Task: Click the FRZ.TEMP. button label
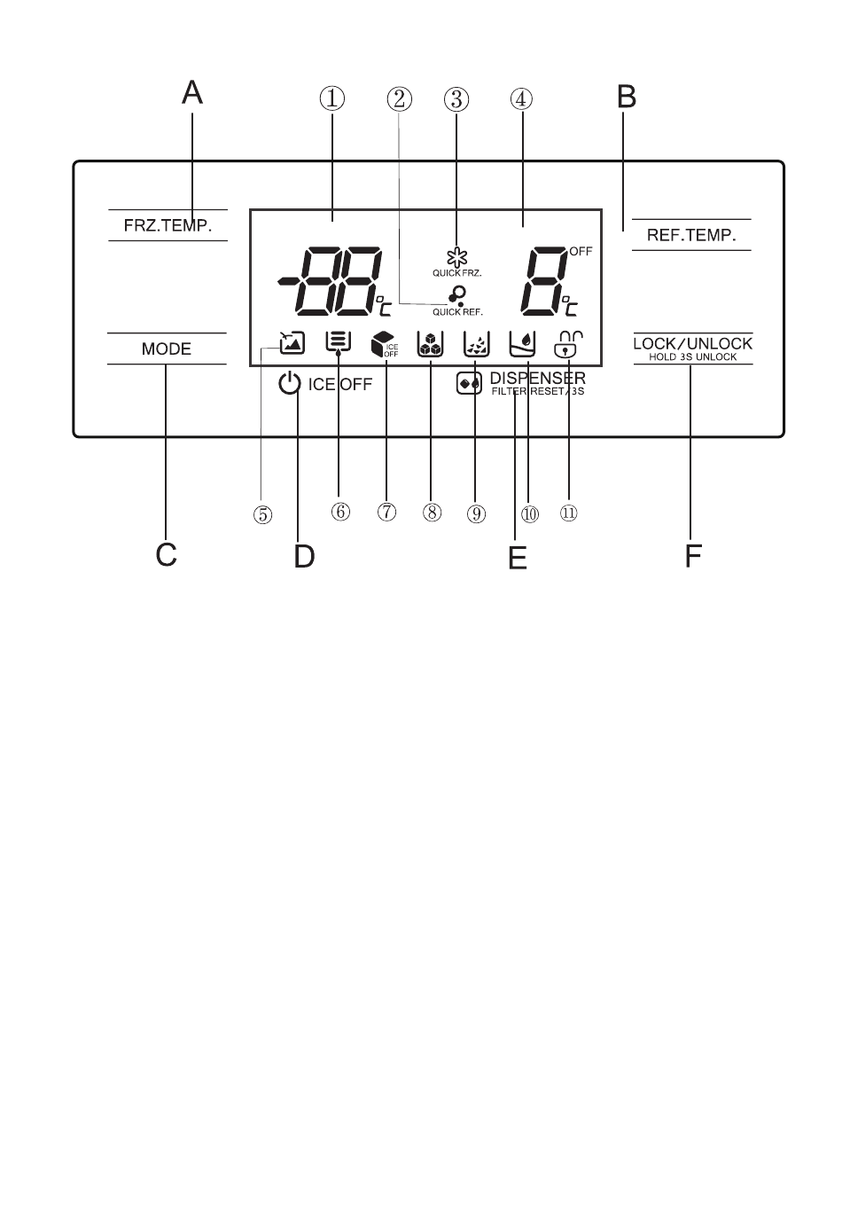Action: coord(168,225)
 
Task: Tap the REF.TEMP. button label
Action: coord(691,235)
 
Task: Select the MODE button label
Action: coord(167,349)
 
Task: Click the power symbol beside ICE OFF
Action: coord(290,383)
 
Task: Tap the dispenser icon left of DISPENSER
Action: coord(469,383)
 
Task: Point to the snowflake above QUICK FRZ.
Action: coord(457,257)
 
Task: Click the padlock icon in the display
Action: coord(568,344)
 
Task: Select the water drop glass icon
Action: coord(522,344)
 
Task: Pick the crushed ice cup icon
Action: coord(477,344)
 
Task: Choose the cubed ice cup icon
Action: coord(430,344)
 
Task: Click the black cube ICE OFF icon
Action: coord(385,344)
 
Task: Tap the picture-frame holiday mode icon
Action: coord(292,343)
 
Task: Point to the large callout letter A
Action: coord(192,92)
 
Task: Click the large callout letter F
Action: coord(692,556)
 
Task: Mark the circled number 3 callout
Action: coord(456,99)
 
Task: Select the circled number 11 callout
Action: coord(568,513)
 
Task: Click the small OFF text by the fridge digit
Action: coord(581,252)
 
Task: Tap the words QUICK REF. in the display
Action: coord(457,312)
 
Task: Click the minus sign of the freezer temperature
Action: coord(287,281)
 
